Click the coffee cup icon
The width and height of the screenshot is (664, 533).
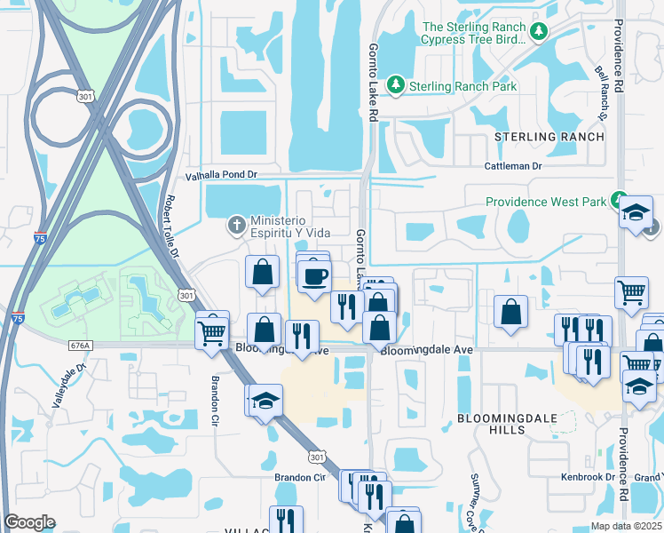pos(312,276)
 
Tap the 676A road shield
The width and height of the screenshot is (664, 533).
pos(80,346)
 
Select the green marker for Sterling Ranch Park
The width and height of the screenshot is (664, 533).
pos(398,86)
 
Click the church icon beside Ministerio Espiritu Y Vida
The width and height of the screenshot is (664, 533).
pos(237,225)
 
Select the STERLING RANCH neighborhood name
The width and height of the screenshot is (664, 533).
pos(549,137)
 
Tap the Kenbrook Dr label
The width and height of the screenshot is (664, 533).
pos(589,477)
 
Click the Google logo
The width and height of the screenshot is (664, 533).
pos(29,522)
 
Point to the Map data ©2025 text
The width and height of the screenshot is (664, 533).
pos(626,526)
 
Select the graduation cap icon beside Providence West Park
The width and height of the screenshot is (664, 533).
pos(636,213)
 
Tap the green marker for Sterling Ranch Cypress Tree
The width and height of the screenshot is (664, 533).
pos(538,33)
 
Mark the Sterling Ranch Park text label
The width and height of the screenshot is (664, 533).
pos(462,86)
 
